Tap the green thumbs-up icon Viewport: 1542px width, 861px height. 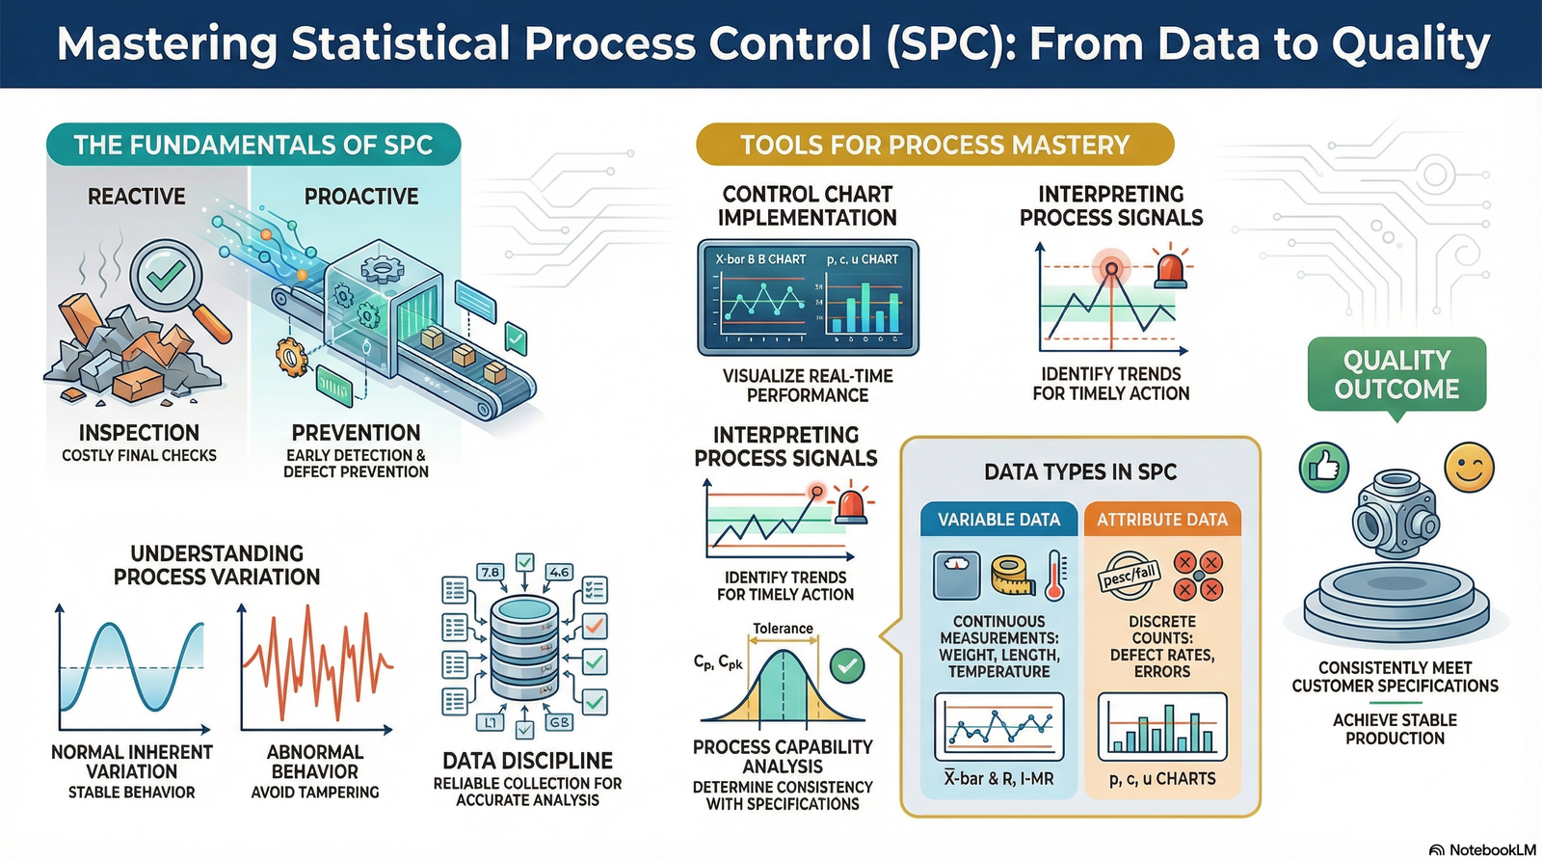(1323, 468)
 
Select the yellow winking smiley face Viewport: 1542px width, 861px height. (1469, 468)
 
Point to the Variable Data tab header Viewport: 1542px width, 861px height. (998, 520)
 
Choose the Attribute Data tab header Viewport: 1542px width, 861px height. (1162, 520)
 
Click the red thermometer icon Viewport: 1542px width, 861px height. (1054, 576)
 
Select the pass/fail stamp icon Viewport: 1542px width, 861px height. (1130, 576)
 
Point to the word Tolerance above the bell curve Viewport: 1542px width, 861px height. (783, 629)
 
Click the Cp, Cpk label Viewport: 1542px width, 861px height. (718, 662)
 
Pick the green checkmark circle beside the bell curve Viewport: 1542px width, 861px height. (847, 665)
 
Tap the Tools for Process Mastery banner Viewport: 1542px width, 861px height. (935, 145)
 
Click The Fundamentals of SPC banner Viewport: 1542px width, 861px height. (253, 145)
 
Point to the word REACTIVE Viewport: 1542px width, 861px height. (137, 197)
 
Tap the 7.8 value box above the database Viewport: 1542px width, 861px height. (490, 572)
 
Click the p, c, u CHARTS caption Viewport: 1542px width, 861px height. (1162, 778)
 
